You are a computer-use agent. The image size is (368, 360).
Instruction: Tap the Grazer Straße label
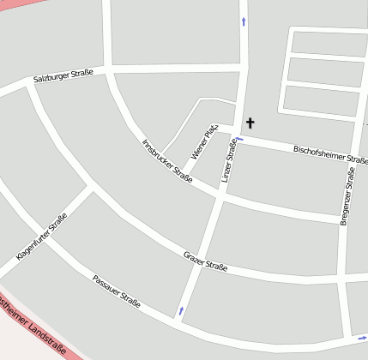pyautogui.click(x=206, y=262)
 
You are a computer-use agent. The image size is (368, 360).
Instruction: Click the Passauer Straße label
pyautogui.click(x=116, y=291)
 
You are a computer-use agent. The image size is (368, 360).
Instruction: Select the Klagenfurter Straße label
pyautogui.click(x=41, y=237)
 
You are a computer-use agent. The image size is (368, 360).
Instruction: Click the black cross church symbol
pyautogui.click(x=250, y=123)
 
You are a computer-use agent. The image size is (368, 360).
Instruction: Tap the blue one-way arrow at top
pyautogui.click(x=244, y=21)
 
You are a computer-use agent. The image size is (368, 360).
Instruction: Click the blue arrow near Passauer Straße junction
pyautogui.click(x=181, y=310)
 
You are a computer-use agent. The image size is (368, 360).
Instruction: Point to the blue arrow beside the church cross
pyautogui.click(x=239, y=138)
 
